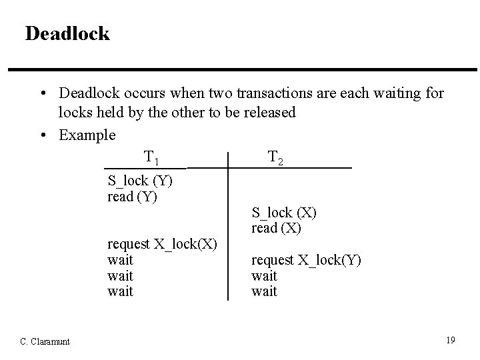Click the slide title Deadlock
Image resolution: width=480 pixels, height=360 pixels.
[67, 33]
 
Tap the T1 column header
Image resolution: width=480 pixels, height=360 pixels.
[151, 158]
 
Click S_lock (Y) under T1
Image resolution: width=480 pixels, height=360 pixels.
[141, 181]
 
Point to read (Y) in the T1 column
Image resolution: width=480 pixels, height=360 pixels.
[132, 197]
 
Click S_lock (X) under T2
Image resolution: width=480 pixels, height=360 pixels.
[284, 213]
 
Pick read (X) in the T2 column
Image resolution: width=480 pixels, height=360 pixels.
[276, 228]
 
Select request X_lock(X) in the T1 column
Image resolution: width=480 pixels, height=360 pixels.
[162, 244]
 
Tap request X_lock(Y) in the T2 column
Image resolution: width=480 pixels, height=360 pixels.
[306, 260]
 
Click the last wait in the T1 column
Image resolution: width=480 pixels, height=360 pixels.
[120, 291]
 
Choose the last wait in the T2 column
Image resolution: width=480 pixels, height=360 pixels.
[264, 291]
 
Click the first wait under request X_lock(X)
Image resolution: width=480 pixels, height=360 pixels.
[120, 260]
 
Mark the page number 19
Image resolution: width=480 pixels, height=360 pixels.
[451, 341]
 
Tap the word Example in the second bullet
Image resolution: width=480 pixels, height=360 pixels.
[87, 135]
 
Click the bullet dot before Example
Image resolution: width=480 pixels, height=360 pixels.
[43, 135]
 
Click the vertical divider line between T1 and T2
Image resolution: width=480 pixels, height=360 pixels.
[228, 227]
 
